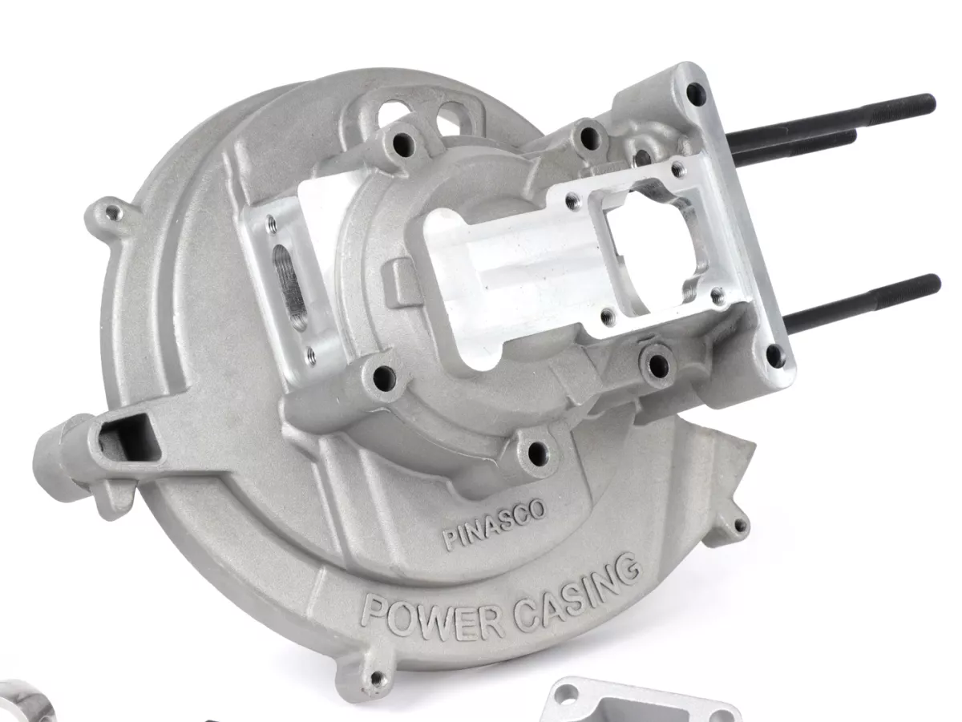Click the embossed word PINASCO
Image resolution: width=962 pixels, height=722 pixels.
point(495,524)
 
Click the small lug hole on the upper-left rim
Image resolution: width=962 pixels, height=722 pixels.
point(113,214)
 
